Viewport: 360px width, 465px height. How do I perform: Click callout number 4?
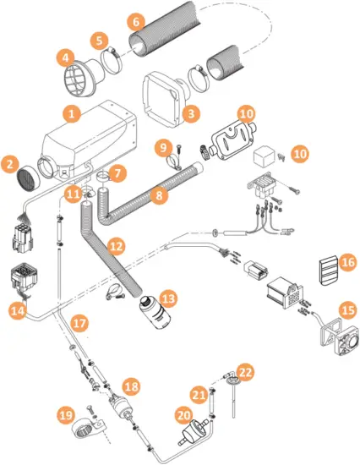63,57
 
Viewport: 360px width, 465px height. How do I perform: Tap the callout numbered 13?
169,298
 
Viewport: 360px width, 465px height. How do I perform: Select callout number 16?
346,265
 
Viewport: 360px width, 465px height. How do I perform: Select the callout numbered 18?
130,385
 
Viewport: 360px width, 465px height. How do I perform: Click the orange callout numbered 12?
116,247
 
